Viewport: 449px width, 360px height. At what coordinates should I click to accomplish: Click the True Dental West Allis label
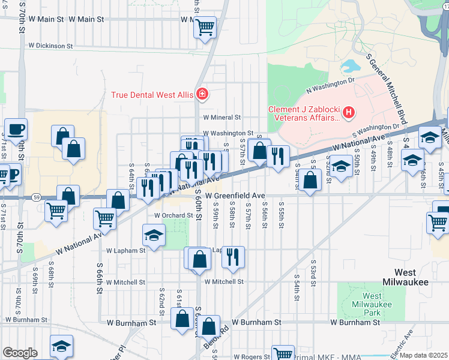pos(151,95)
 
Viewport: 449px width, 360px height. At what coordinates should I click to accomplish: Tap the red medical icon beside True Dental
pos(202,94)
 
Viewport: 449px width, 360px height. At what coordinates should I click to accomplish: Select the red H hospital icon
pos(349,112)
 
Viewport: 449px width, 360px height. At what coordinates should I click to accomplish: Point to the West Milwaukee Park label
pos(372,304)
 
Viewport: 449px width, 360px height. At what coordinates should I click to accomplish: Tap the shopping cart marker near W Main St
pos(205,27)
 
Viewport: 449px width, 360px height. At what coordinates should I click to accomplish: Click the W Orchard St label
pos(175,215)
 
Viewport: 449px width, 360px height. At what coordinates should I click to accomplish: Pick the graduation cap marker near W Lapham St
pos(154,235)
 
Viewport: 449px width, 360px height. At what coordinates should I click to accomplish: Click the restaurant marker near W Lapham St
pos(234,257)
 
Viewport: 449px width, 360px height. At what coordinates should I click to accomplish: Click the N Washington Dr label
pos(331,84)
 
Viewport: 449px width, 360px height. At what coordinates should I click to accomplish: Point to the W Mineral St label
pos(221,118)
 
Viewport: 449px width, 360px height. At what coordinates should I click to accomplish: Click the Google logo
pos(20,353)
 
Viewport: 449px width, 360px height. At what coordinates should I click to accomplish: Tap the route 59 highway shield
pos(36,197)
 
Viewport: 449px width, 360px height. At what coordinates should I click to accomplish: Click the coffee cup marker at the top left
pos(16,128)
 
